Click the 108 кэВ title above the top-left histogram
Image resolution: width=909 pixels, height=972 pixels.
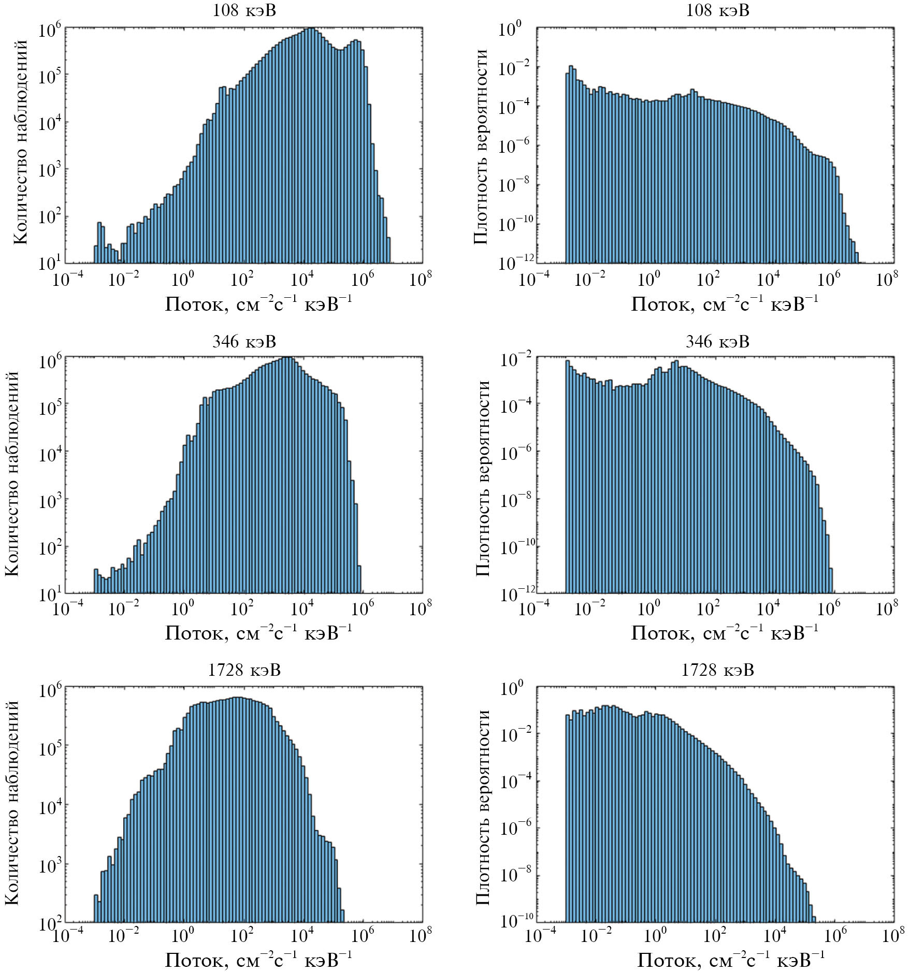click(x=244, y=10)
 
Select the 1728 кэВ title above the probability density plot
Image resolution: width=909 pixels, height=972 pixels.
click(x=717, y=670)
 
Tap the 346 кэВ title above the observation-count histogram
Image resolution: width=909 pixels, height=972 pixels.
click(x=244, y=341)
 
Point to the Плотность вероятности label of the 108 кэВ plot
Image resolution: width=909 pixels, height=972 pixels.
click(x=481, y=146)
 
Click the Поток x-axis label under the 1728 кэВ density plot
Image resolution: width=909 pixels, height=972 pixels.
click(x=731, y=960)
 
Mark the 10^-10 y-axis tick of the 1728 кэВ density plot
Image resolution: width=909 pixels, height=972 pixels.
click(x=516, y=921)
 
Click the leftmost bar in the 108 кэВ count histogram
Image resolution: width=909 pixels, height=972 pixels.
click(x=96, y=254)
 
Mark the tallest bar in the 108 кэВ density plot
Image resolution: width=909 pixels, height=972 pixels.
click(x=571, y=165)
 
